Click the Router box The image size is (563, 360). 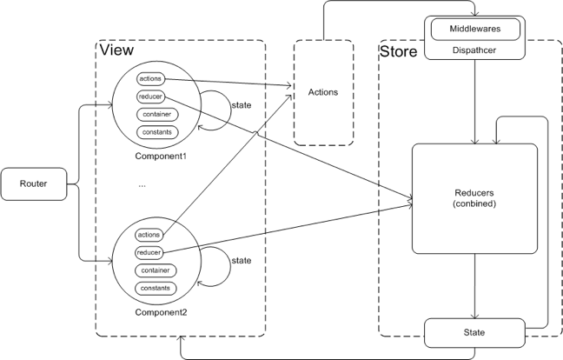pos(33,183)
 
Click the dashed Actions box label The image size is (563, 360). pos(323,91)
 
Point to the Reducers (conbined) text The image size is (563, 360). pos(474,197)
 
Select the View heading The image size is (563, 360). pos(116,50)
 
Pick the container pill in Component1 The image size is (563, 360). pos(156,114)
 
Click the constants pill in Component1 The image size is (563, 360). pos(156,132)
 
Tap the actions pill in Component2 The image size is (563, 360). pos(149,235)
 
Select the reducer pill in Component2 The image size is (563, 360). pos(149,252)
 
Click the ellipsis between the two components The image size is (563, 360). pos(142,184)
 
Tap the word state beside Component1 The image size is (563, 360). pos(242,105)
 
